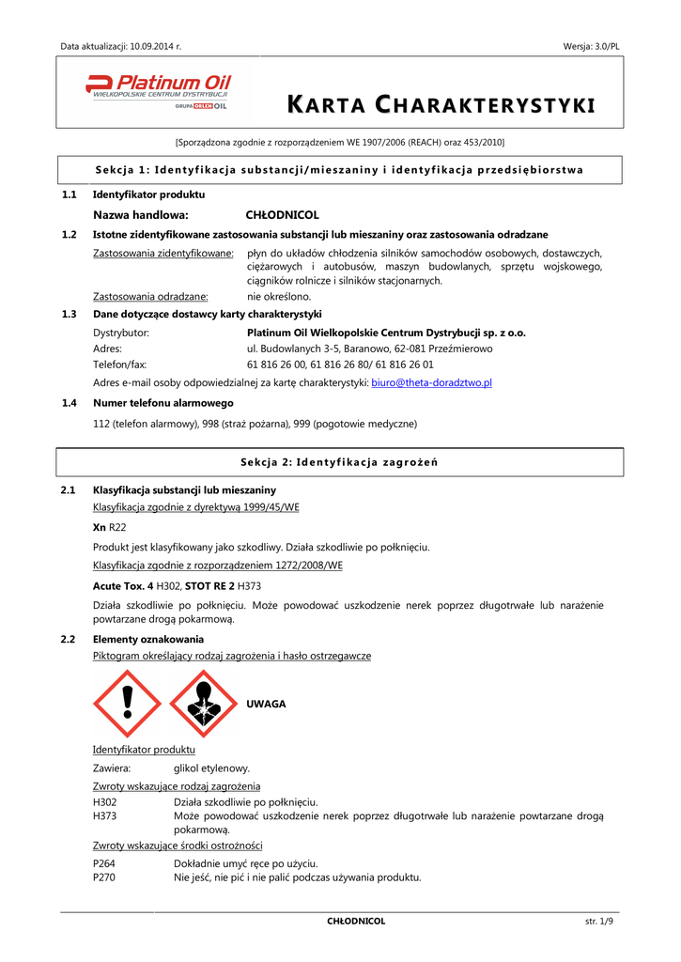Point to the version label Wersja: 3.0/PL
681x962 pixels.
592,45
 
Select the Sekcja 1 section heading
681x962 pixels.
339,170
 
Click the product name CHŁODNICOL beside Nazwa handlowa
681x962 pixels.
282,215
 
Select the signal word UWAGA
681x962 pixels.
266,704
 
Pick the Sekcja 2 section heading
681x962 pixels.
339,462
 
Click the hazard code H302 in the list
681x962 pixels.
105,801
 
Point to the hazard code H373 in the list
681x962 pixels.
105,816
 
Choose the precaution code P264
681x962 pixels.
105,862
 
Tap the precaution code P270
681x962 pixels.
105,877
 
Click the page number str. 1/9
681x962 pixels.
599,922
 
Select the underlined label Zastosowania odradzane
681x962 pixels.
150,296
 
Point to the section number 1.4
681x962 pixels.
69,403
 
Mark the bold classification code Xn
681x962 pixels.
100,528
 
